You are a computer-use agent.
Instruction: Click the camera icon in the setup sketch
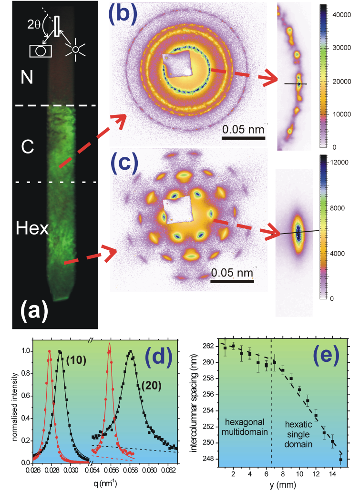click(41, 51)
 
